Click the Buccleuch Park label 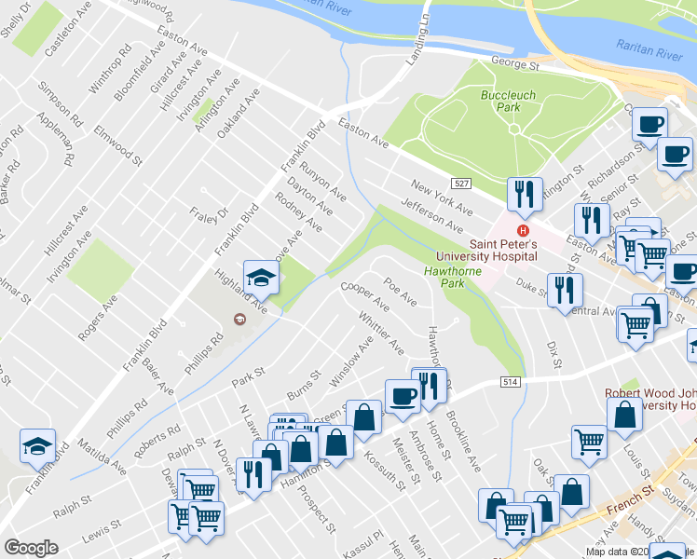500,101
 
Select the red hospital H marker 524,231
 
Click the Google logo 31,548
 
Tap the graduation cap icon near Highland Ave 261,276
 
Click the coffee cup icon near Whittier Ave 403,396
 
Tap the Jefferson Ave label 431,215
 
